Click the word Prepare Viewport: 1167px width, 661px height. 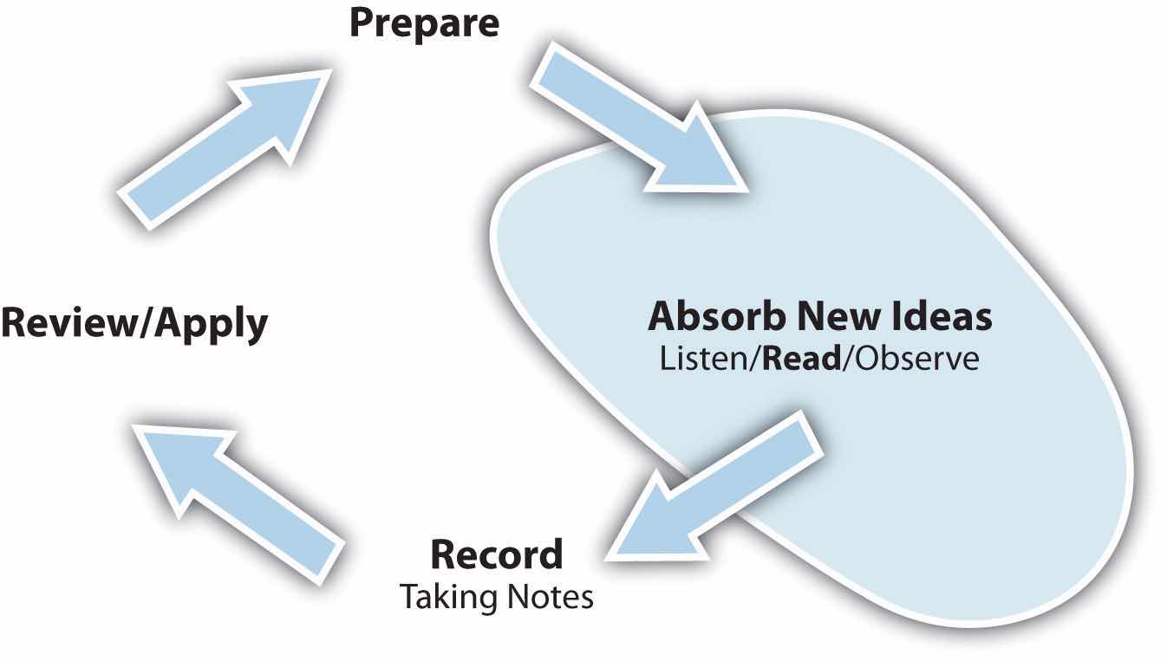pos(424,23)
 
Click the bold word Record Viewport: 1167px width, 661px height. pos(497,554)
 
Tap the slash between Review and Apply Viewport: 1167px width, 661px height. pos(144,326)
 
